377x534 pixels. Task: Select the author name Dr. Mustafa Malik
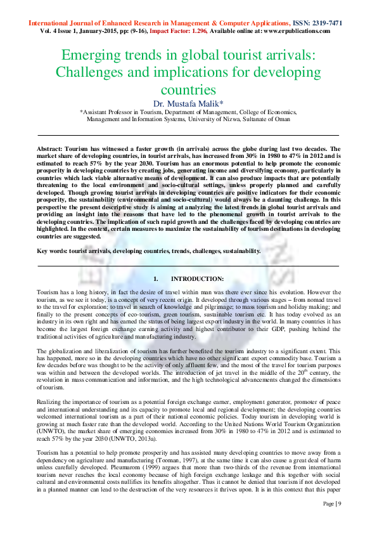click(188, 102)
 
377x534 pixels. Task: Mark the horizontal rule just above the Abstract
click(188, 135)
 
